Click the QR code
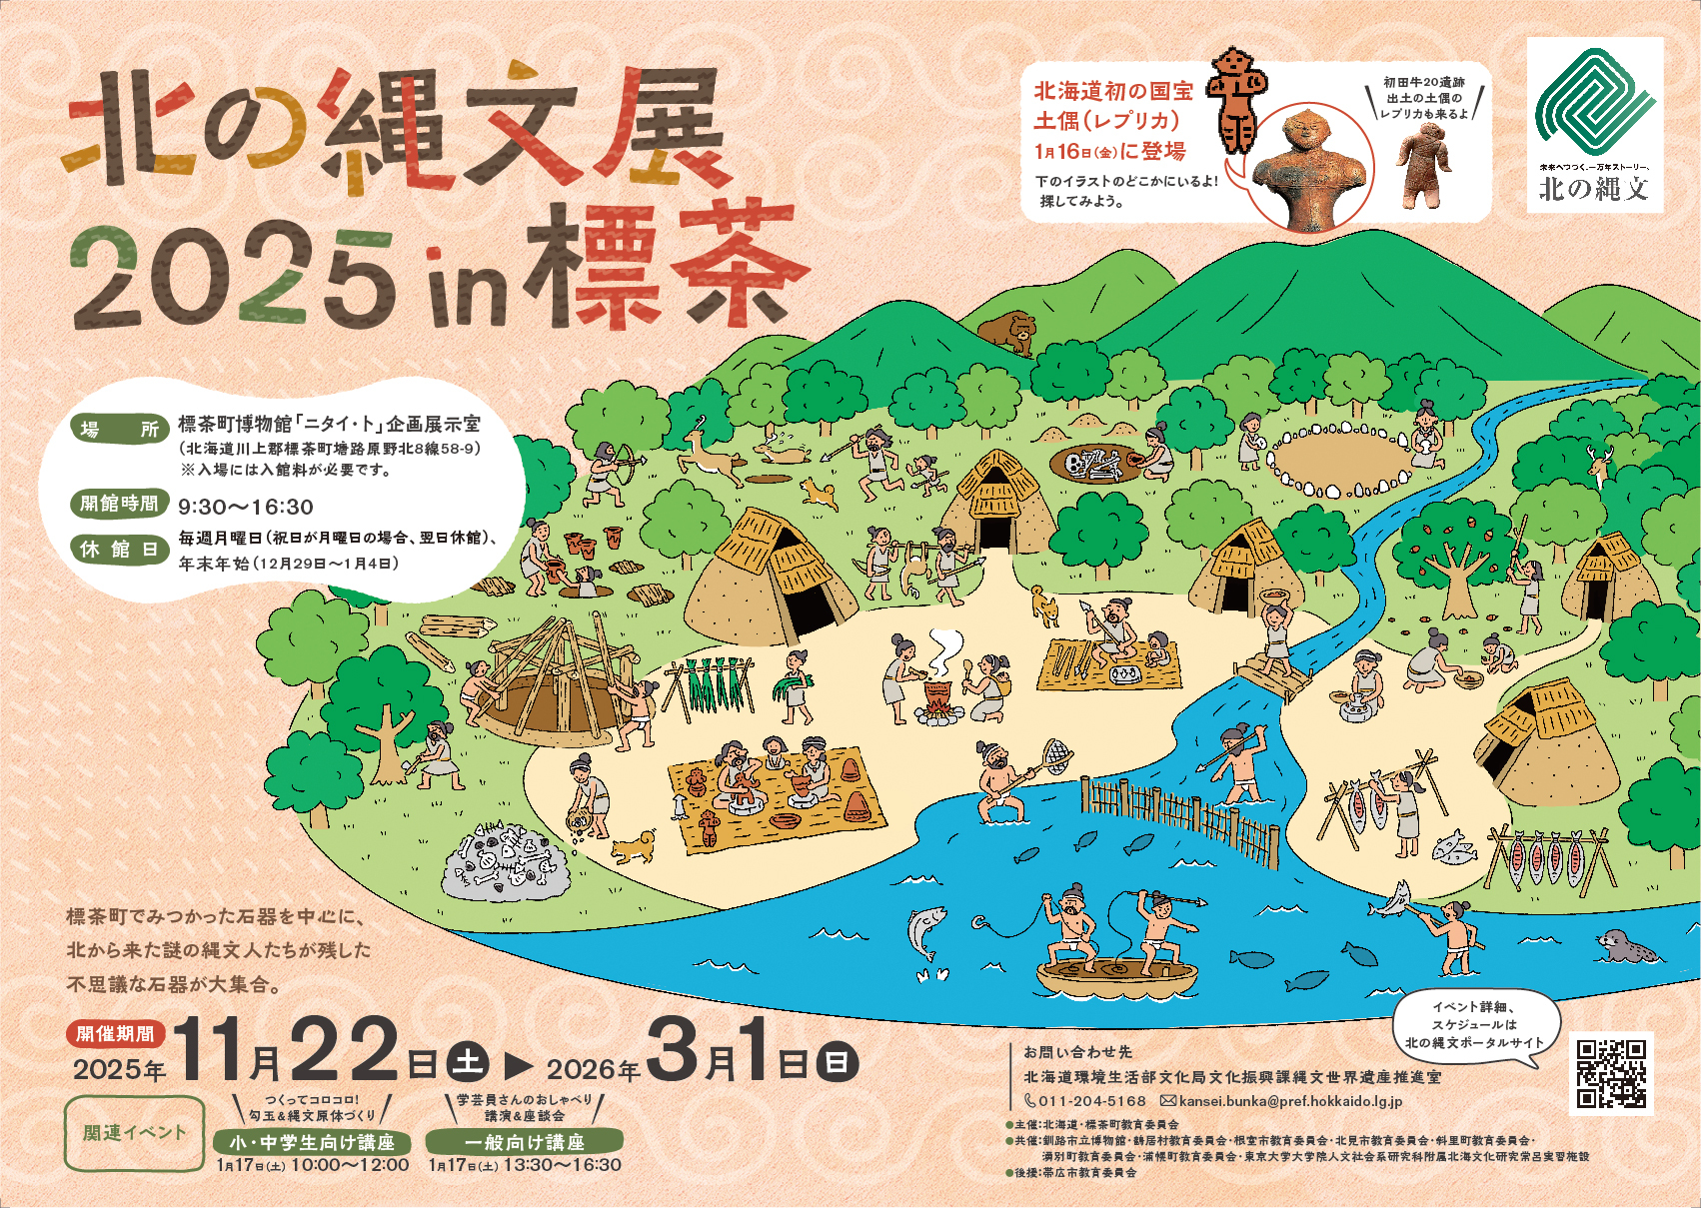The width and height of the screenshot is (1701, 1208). pyautogui.click(x=1611, y=1073)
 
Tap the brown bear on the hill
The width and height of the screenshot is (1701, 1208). pyautogui.click(x=1005, y=332)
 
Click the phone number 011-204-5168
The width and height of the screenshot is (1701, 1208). pyautogui.click(x=1091, y=1101)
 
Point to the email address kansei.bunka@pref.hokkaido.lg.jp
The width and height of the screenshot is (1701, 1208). pyautogui.click(x=1290, y=1101)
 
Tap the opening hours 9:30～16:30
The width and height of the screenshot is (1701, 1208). pyautogui.click(x=246, y=507)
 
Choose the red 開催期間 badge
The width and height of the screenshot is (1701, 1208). pyautogui.click(x=116, y=1033)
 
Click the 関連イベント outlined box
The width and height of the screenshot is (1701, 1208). pyautogui.click(x=134, y=1133)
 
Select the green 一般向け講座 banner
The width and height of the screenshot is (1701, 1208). pyautogui.click(x=524, y=1141)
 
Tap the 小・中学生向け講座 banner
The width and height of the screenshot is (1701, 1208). pyautogui.click(x=312, y=1141)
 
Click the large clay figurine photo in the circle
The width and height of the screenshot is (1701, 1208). pyautogui.click(x=1309, y=168)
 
